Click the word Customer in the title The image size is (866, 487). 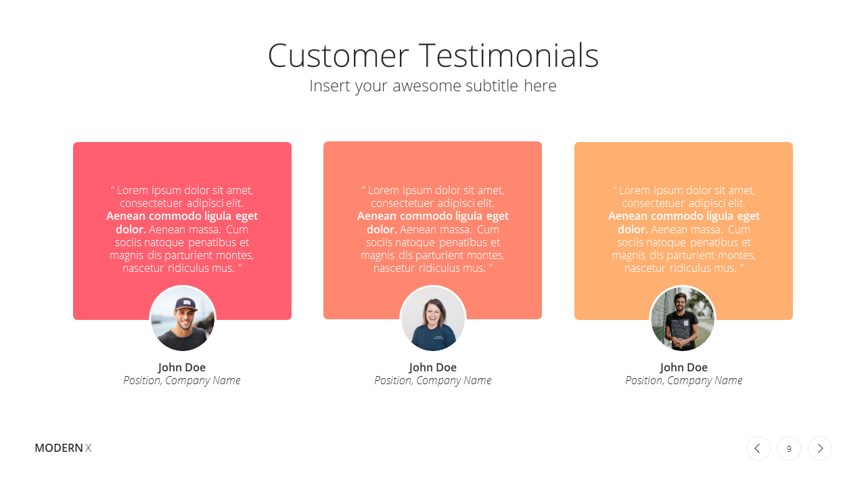point(338,55)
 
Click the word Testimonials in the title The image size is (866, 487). point(509,55)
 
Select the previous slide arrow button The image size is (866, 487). point(758,448)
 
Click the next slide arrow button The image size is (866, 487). point(820,448)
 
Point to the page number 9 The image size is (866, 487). point(789,448)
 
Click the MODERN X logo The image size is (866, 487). point(63,448)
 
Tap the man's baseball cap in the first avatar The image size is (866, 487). point(186,304)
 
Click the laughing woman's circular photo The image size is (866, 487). point(433,319)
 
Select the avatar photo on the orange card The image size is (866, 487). point(683,319)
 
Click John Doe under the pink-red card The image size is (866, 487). point(182,367)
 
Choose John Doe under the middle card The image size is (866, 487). point(432,367)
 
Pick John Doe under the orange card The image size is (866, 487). point(683,367)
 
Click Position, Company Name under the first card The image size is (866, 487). point(182,381)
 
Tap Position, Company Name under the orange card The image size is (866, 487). point(683,381)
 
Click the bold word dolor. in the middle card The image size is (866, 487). point(382,229)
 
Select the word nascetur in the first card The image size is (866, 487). point(143,269)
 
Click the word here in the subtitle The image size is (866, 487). point(540,86)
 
